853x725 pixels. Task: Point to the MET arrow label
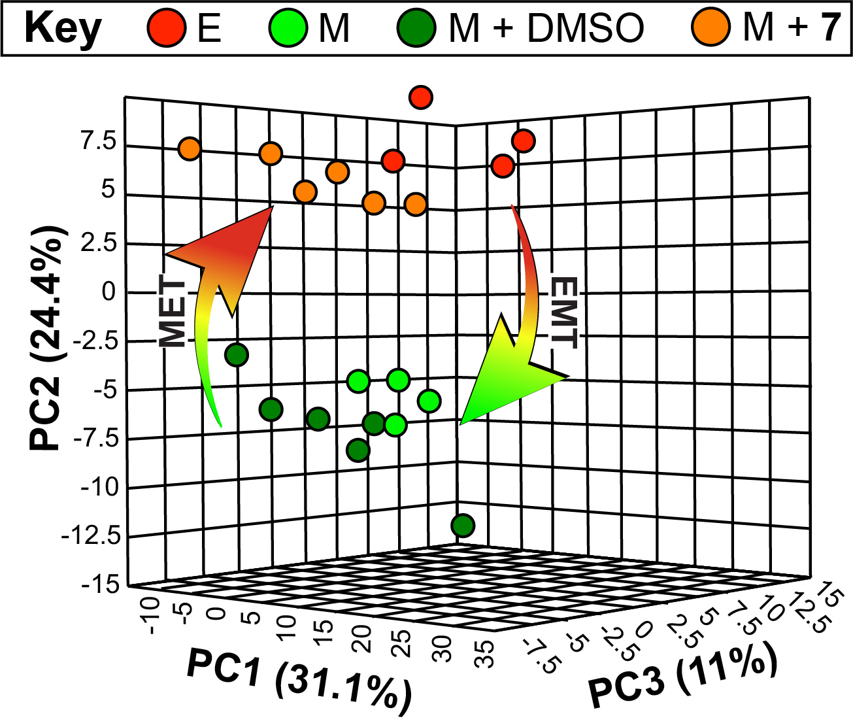[173, 312]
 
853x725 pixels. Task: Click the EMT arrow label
[564, 312]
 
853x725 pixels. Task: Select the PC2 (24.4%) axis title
[47, 339]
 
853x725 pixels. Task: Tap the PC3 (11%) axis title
[683, 677]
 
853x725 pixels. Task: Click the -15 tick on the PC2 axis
[101, 584]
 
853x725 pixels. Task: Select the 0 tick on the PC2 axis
[109, 292]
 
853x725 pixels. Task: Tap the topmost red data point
[421, 97]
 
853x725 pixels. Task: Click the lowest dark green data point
[463, 525]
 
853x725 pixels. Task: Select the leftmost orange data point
[189, 148]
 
